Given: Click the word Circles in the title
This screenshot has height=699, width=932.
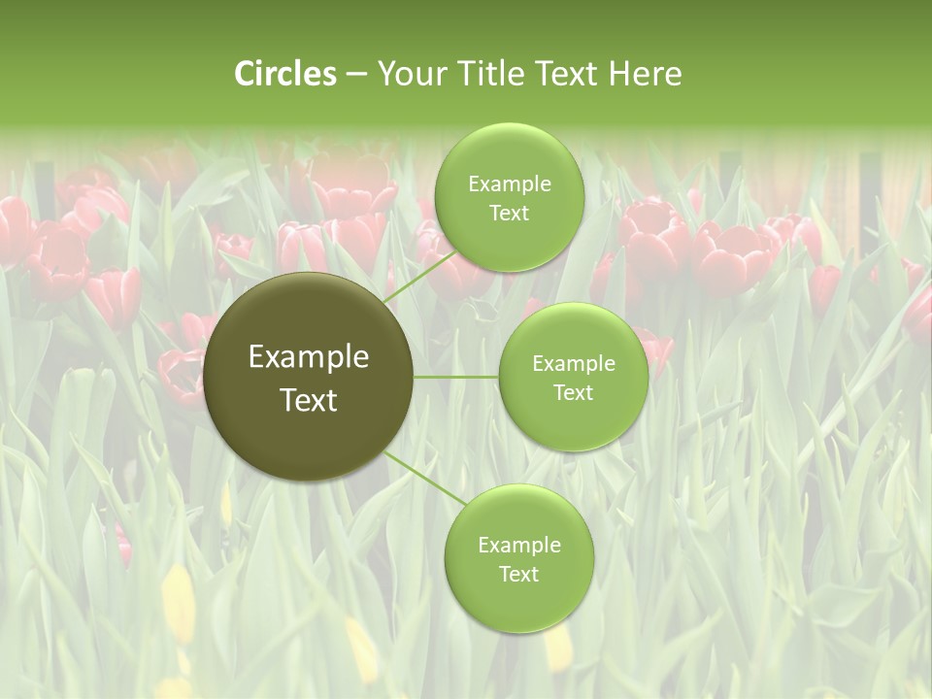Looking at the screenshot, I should [x=285, y=74].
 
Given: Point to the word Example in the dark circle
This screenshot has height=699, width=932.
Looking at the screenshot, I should [x=309, y=357].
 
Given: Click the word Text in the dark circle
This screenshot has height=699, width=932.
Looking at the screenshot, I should [x=309, y=400].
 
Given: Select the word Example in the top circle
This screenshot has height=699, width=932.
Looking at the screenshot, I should [x=510, y=184].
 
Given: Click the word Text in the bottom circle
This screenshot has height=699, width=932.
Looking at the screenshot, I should [x=518, y=574].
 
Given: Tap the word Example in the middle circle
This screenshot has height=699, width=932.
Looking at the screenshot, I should [x=574, y=364].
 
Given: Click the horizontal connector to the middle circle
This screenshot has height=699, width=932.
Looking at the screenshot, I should [x=456, y=377].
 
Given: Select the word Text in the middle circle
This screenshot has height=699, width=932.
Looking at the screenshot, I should [x=574, y=392].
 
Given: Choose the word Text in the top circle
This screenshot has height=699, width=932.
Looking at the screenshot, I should [x=510, y=214].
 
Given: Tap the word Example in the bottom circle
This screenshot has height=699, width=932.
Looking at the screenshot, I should [x=519, y=545].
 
